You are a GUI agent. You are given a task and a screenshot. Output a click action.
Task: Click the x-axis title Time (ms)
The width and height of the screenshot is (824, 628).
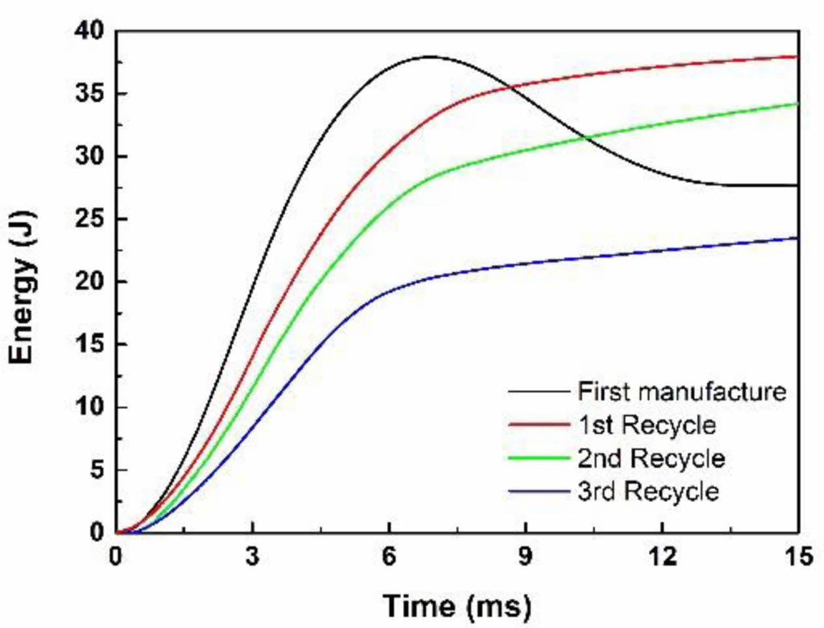point(456,606)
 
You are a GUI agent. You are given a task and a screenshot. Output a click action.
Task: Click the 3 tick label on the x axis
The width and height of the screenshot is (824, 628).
point(252,557)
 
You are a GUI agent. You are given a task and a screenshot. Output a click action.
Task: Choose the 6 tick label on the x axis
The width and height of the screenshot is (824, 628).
point(389,557)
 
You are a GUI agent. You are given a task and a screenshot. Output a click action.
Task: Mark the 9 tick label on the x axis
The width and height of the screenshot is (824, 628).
point(526,557)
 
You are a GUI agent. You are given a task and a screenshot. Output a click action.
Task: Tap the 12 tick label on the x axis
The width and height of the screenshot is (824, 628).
point(662,557)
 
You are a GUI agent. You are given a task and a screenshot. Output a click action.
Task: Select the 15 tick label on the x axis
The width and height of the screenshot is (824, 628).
point(798,557)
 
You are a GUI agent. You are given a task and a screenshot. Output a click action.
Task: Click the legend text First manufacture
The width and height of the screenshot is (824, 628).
point(681,391)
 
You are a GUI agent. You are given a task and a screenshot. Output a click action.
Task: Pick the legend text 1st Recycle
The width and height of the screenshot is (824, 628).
point(646,425)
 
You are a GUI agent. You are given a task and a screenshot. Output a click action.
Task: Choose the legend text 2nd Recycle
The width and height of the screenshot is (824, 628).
point(651,458)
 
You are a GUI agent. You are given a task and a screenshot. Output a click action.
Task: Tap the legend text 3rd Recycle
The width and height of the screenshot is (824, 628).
point(647,491)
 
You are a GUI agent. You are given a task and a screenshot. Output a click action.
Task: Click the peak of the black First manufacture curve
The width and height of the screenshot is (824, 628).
point(429,56)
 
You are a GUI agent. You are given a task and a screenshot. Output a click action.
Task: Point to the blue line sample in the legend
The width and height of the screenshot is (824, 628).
point(538,491)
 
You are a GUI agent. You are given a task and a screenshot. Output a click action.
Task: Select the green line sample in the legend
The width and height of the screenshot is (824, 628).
point(538,458)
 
